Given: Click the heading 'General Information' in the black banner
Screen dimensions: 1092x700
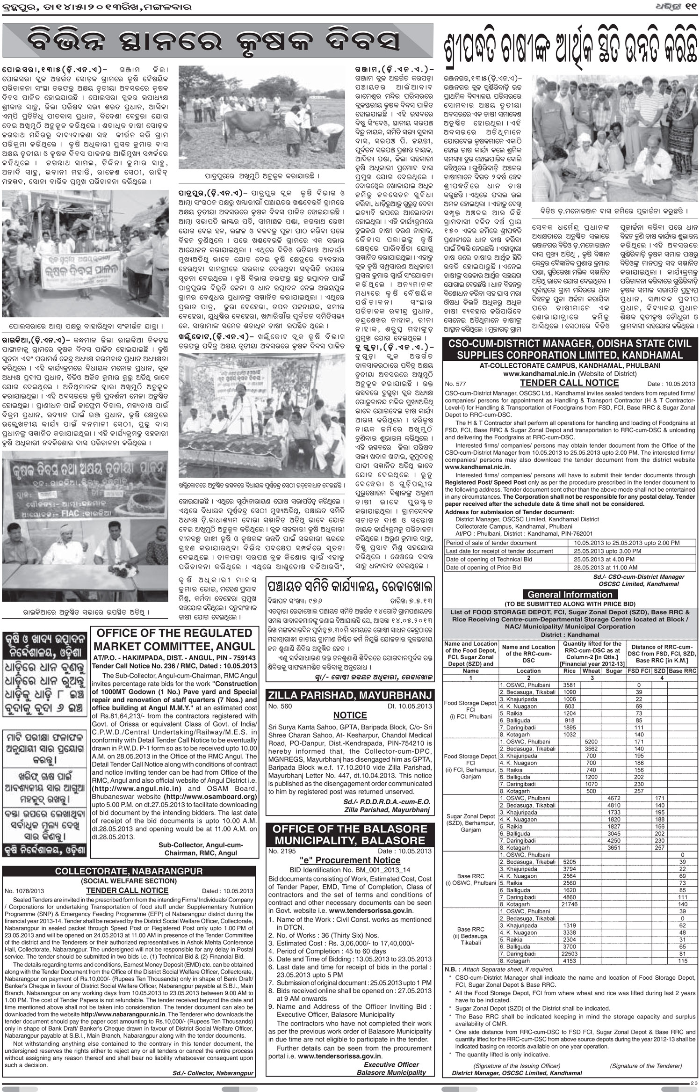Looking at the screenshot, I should (x=569, y=595).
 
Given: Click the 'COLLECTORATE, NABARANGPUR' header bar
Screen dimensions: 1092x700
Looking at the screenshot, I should (x=129, y=871).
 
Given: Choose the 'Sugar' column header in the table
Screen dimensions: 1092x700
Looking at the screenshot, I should (x=613, y=670).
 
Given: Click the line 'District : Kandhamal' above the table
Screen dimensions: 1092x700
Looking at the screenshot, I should (x=569, y=635).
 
